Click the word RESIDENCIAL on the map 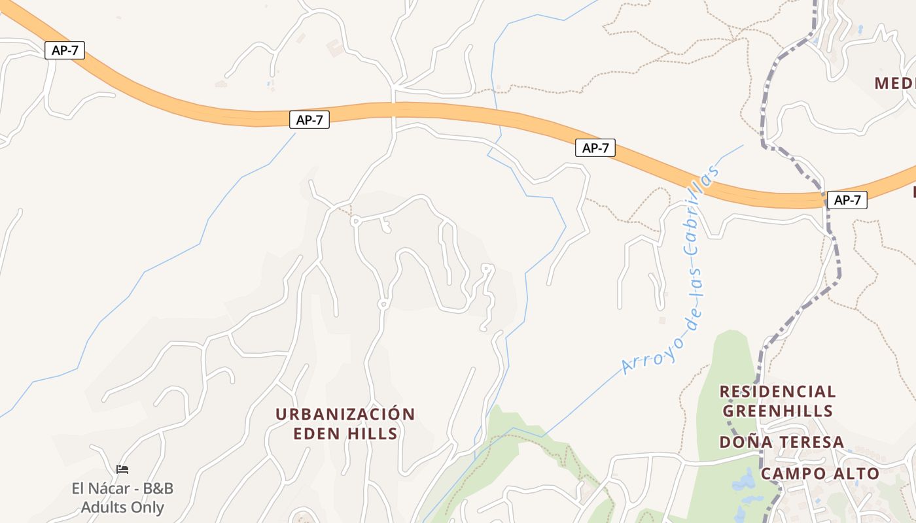pyautogui.click(x=777, y=392)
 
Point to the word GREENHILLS pyautogui.click(x=777, y=411)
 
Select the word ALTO pyautogui.click(x=856, y=474)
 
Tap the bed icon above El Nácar pyautogui.click(x=122, y=469)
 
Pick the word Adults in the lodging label pyautogui.click(x=103, y=507)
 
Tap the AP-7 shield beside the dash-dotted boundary pyautogui.click(x=847, y=200)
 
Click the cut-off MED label pyautogui.click(x=894, y=84)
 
